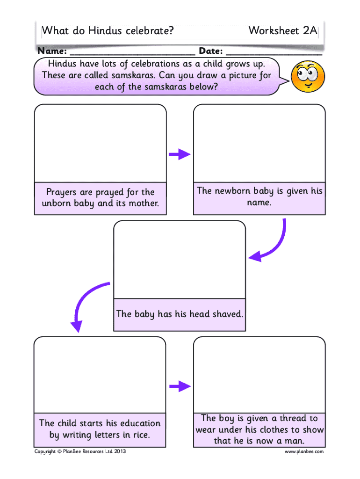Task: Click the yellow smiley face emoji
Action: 308,76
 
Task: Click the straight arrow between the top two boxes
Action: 180,154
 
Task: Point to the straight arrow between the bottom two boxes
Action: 180,386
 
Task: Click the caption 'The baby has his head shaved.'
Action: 180,314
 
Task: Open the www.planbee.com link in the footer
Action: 304,451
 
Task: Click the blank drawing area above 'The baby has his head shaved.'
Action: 180,260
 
